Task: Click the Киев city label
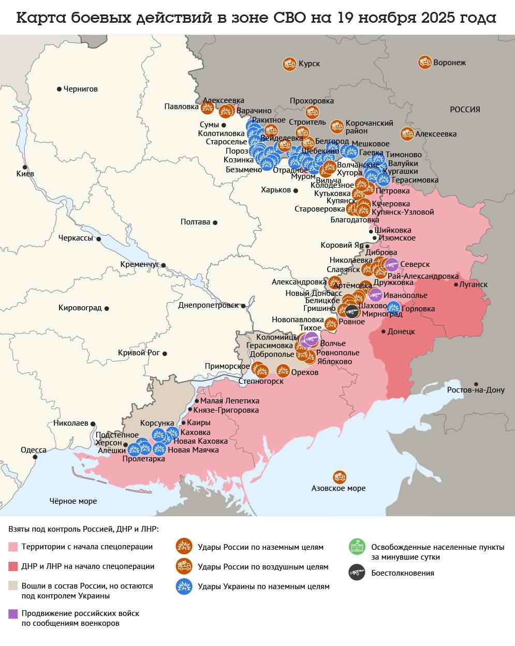tap(25, 174)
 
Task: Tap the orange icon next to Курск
tap(289, 64)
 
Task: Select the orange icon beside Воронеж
tap(424, 63)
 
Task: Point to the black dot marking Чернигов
tap(59, 89)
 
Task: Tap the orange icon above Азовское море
tap(340, 476)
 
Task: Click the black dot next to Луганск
tap(456, 284)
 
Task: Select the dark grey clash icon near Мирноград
tap(352, 311)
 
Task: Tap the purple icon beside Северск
tap(392, 265)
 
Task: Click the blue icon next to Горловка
tap(393, 307)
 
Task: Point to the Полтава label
tap(195, 222)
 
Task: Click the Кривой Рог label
tap(139, 353)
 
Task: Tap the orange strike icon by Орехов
tap(283, 371)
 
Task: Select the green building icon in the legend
tap(357, 546)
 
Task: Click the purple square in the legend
tap(13, 613)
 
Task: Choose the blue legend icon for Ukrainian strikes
tap(184, 586)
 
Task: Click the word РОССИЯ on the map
tap(464, 110)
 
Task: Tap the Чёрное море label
tap(73, 501)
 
